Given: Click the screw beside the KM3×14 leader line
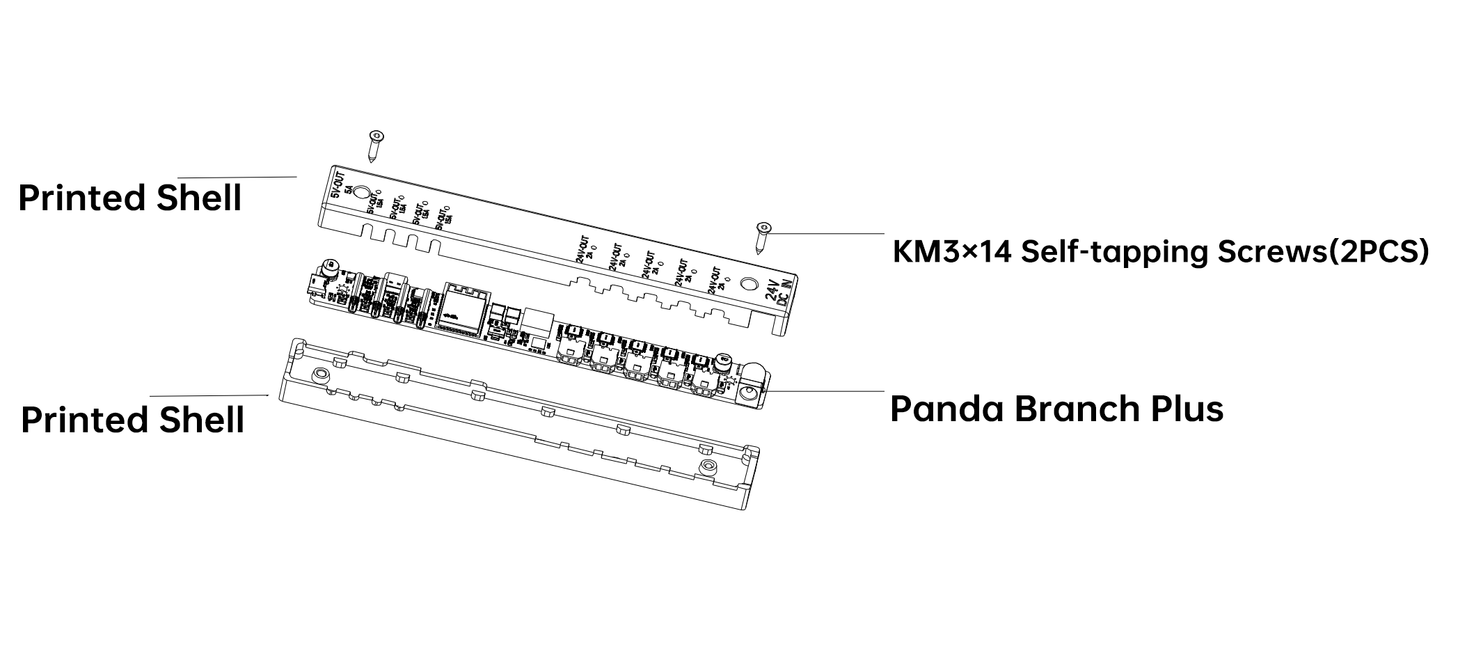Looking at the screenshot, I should (763, 237).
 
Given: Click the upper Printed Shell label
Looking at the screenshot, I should (130, 198).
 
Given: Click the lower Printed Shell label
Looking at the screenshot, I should (132, 420).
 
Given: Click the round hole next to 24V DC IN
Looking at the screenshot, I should (749, 283).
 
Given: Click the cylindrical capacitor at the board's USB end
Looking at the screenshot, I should (328, 267).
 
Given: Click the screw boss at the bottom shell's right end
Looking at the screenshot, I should (708, 465).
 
